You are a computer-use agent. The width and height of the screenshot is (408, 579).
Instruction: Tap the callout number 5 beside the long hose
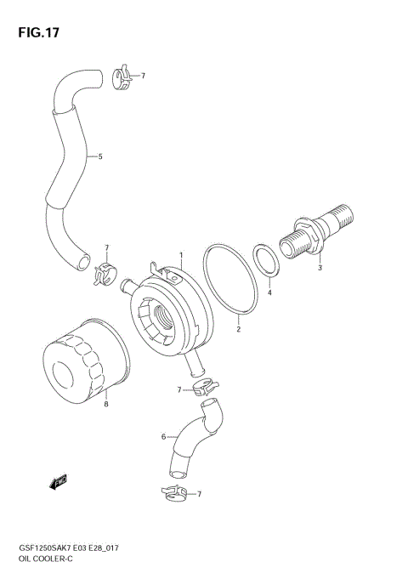pos(100,156)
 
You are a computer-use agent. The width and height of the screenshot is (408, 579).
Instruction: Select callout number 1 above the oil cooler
pos(181,253)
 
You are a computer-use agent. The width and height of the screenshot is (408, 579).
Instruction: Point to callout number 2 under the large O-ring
pos(239,328)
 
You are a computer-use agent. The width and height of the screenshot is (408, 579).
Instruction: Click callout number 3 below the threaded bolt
pos(320,269)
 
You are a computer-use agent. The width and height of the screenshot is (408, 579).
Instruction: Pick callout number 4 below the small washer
pos(269,292)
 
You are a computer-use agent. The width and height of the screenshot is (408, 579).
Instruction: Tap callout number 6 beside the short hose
pos(162,437)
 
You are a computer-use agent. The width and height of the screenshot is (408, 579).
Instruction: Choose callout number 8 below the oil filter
pos(106,404)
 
